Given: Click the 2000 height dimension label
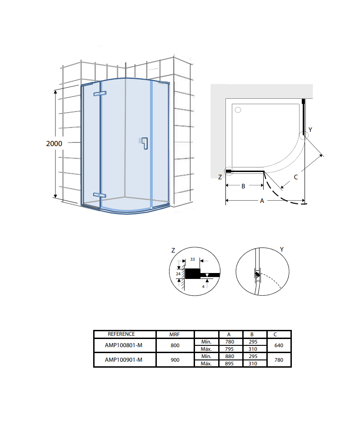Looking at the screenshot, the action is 54,143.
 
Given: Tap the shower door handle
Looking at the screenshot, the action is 144,143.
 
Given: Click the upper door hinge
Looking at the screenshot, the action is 100,94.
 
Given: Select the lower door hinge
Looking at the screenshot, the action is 100,195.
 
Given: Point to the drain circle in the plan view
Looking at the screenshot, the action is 238,110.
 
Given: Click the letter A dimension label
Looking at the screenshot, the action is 262,201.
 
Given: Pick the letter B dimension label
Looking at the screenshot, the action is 243,186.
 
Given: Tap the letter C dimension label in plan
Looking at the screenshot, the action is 295,177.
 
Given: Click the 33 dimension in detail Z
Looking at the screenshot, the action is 193,259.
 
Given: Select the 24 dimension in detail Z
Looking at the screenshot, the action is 178,273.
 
